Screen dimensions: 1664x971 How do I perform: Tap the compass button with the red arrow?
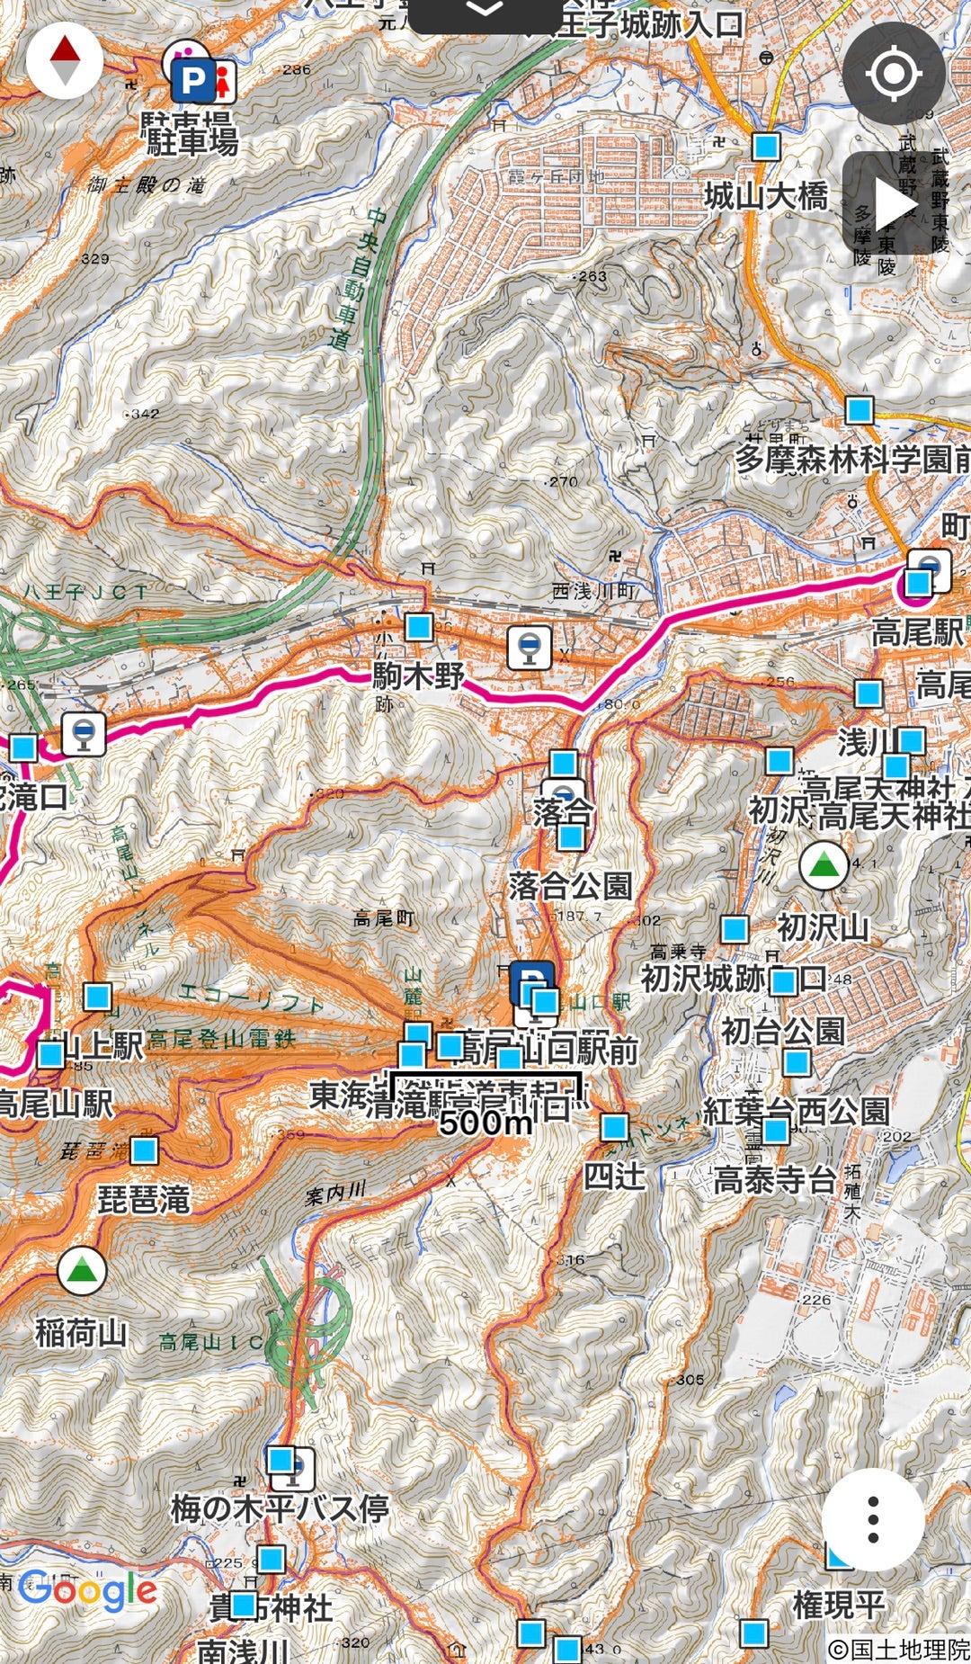[65, 59]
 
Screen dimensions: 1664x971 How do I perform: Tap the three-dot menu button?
[872, 1519]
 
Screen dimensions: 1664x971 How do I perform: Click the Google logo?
[88, 1590]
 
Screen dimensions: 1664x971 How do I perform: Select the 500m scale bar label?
[485, 1122]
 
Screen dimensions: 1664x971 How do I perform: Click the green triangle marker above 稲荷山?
[82, 1270]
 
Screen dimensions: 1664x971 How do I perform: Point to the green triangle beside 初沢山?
[824, 865]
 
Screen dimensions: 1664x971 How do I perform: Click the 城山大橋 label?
[765, 195]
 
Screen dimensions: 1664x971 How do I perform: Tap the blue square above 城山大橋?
[766, 146]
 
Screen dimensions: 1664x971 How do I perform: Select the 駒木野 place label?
[418, 675]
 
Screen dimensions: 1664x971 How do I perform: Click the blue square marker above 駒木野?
[418, 627]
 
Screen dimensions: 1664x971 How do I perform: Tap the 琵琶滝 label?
[144, 1199]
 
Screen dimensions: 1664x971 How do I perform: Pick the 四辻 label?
[615, 1176]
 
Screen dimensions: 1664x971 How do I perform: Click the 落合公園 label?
[570, 886]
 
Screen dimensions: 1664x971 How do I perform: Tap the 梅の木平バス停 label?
[280, 1508]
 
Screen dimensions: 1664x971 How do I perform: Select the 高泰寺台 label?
[773, 1178]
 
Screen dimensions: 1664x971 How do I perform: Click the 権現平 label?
[839, 1603]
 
